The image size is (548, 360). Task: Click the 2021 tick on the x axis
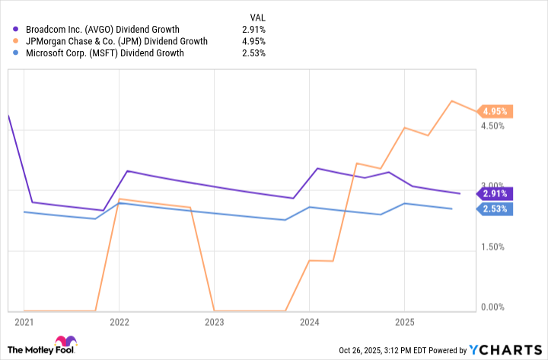tap(24, 322)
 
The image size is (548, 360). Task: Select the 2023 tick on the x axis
tap(214, 322)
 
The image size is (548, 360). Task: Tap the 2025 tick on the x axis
tap(404, 322)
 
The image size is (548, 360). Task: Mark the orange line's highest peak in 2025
tap(452, 100)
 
